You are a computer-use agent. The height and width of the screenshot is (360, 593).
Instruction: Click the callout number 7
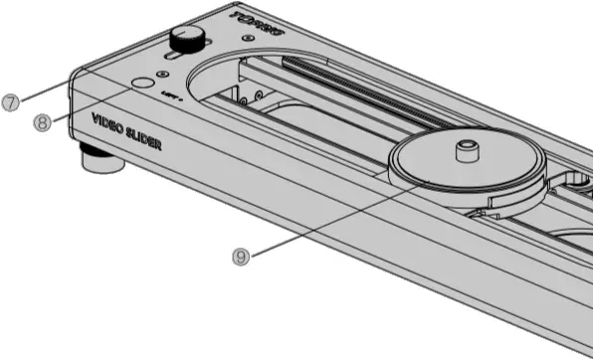[x=11, y=102]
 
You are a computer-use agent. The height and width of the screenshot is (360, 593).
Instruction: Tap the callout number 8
[x=41, y=123]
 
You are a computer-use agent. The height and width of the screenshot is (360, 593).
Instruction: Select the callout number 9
[x=240, y=256]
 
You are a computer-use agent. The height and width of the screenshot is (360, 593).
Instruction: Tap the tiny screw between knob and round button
[x=161, y=74]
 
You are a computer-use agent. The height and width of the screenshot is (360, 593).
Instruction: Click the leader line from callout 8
[x=90, y=104]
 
